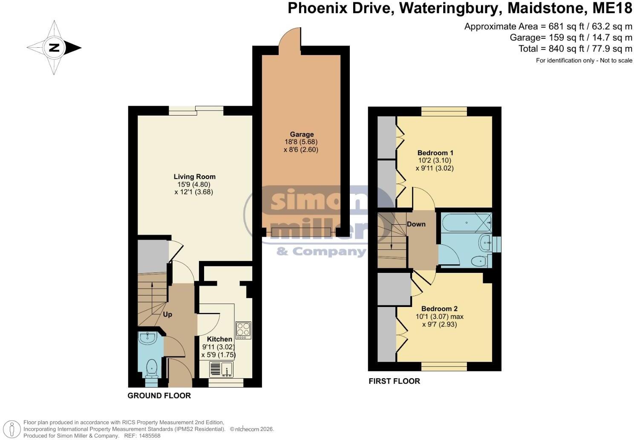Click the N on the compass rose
coord(54,48)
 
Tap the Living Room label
coord(194,177)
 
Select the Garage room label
coord(302,134)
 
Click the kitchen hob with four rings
coord(243,330)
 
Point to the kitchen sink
coord(222,369)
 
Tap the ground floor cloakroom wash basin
coord(147,338)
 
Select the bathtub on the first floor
coord(466,223)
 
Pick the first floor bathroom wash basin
coord(486,243)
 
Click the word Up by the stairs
coord(167,315)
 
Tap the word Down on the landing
coord(416,224)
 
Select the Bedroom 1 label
coord(435,153)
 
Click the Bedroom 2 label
coord(439,309)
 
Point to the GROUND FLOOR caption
coord(159,396)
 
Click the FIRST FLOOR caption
coord(394,381)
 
